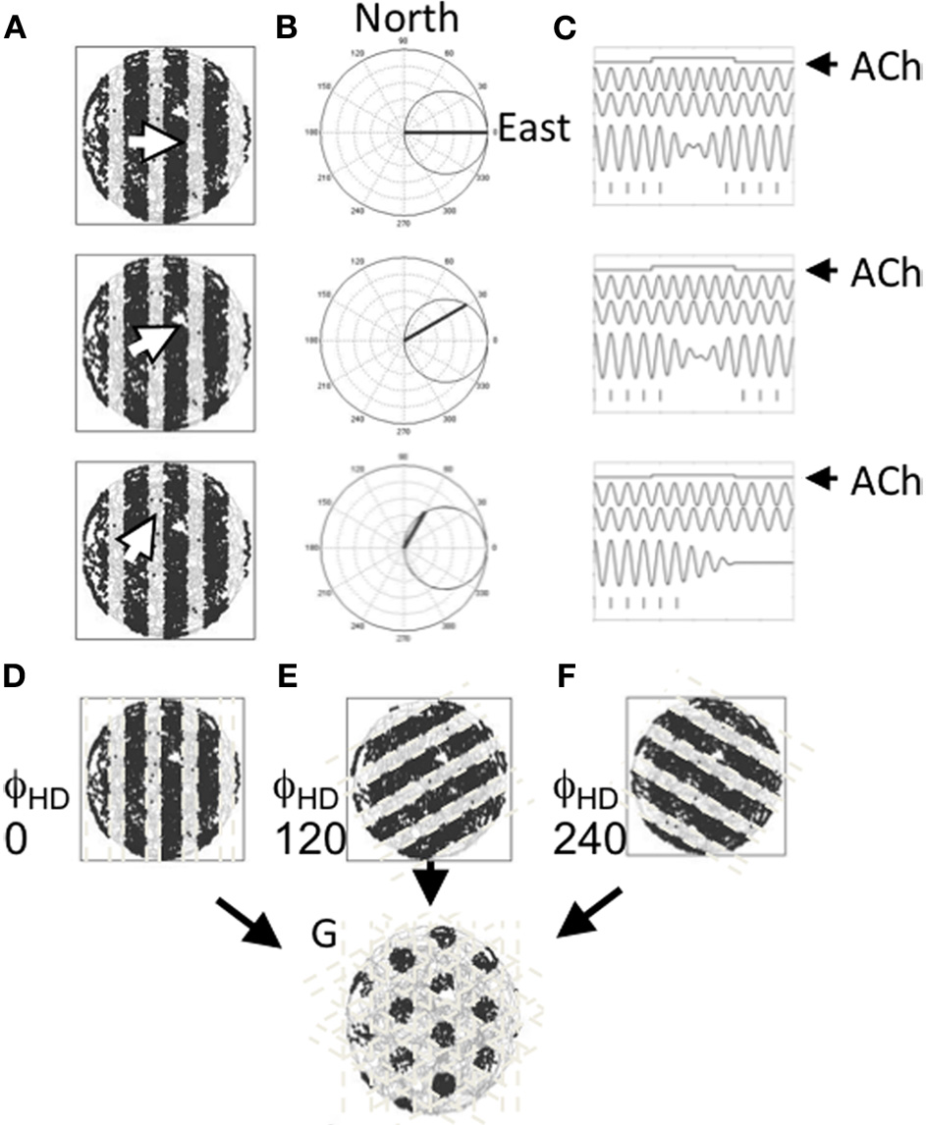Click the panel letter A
(x=16, y=28)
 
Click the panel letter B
(x=287, y=28)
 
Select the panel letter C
(x=565, y=28)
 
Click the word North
(x=406, y=21)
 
